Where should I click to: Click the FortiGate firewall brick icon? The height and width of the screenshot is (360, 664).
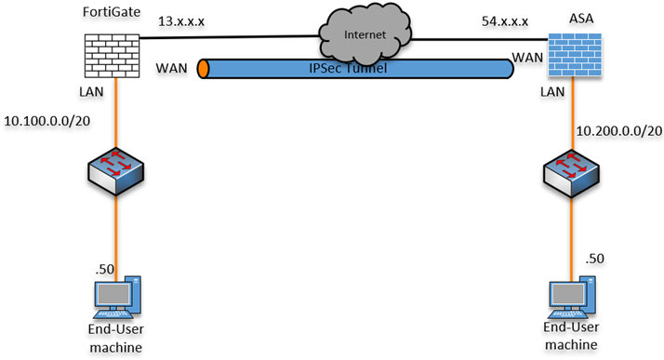113,56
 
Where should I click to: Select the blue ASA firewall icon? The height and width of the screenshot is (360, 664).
575,55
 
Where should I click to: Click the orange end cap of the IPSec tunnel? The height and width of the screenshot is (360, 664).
204,69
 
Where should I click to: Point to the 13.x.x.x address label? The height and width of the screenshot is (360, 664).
181,21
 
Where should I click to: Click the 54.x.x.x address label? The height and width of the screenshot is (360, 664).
505,21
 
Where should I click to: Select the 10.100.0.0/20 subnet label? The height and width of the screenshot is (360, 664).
47,121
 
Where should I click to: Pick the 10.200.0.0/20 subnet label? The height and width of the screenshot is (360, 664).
619,131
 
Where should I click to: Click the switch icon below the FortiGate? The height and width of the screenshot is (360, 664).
115,171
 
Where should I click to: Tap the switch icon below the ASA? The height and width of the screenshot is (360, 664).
571,173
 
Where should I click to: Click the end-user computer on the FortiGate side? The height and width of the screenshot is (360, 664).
117,298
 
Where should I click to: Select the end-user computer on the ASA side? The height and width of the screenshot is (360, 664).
572,298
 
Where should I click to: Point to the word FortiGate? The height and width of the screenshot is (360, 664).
112,12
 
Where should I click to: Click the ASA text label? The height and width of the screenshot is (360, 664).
581,19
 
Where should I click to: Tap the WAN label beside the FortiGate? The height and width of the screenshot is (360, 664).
171,68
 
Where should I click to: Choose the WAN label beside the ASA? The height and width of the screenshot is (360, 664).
527,58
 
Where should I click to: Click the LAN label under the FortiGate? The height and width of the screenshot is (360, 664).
91,91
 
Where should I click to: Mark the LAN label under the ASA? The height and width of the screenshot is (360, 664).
552,91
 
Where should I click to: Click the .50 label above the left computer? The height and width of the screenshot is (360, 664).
104,269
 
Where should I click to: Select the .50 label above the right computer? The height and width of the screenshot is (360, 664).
594,259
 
